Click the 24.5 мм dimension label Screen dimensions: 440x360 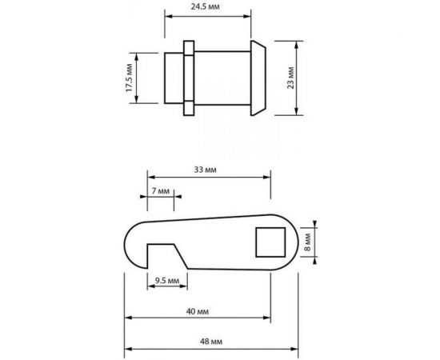pos(205,6)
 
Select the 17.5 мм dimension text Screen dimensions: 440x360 pos(129,78)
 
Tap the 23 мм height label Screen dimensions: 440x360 pos(290,78)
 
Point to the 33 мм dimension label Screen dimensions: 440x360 pos(205,170)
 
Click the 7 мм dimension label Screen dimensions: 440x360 pos(161,191)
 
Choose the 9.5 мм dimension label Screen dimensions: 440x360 pos(167,280)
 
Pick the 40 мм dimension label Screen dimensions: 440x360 pos(198,311)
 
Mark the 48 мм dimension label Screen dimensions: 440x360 pos(211,342)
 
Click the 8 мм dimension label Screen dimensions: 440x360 pos(308,242)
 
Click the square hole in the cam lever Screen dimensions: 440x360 pos(270,242)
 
